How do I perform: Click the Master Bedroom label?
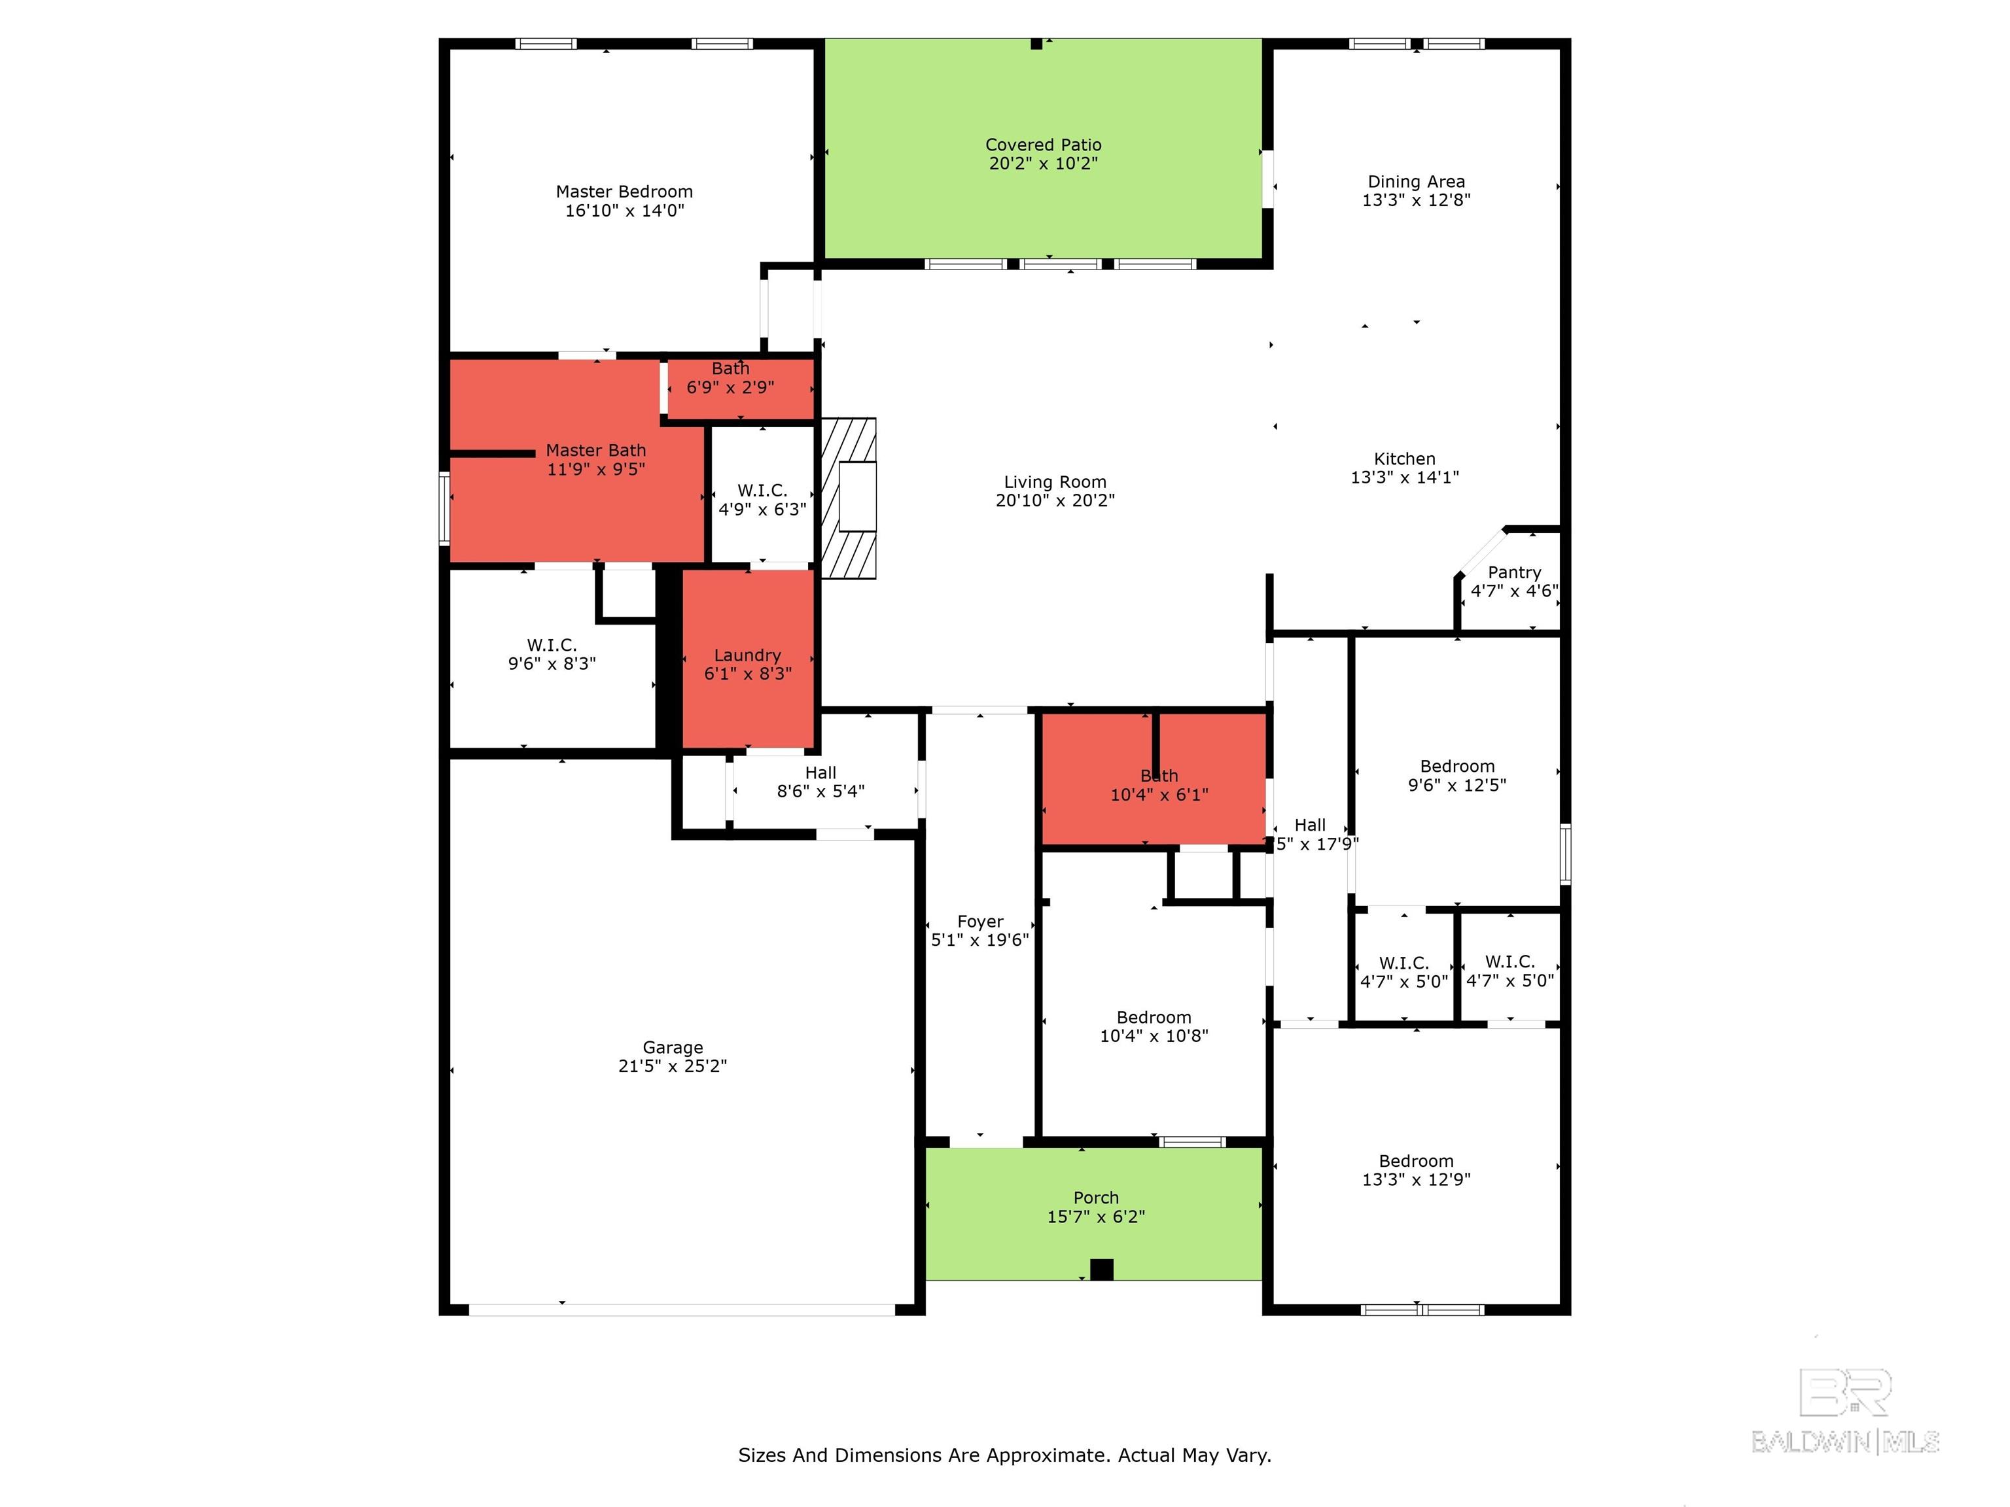624,192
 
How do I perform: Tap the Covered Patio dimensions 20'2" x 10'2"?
1043,164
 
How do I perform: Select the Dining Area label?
1416,182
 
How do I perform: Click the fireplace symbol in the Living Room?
849,497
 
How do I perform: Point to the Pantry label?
1514,572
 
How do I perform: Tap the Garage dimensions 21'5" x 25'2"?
673,1065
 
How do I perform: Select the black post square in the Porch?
1101,1269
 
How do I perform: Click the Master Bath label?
595,451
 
